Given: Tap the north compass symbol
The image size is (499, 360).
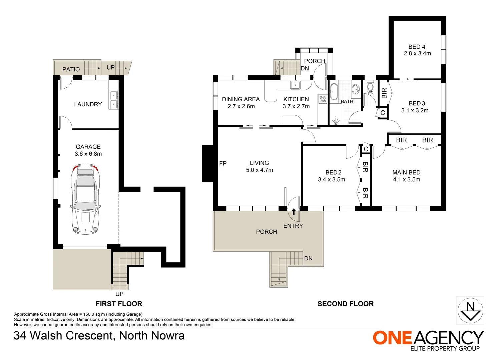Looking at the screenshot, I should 470,310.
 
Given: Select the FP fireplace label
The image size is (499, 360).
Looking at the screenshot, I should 223,163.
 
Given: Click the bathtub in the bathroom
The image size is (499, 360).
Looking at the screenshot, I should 334,92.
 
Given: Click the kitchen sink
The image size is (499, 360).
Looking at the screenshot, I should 295,85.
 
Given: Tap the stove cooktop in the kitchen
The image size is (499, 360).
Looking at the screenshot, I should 323,99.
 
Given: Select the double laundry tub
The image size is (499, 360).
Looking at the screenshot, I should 113,100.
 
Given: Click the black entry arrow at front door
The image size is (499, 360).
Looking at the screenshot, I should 294,212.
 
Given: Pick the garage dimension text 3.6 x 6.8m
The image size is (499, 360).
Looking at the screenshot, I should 88,154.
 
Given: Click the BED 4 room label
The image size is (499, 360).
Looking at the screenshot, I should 417,47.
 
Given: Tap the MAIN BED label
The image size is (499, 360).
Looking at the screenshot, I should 406,172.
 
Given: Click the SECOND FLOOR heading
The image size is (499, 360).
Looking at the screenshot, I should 346,304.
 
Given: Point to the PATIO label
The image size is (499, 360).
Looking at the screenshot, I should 71,69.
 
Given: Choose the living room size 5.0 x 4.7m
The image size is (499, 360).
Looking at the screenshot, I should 259,170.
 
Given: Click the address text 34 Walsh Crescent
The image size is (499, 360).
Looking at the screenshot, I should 63,335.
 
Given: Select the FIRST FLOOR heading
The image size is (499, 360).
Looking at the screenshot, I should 119,304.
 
